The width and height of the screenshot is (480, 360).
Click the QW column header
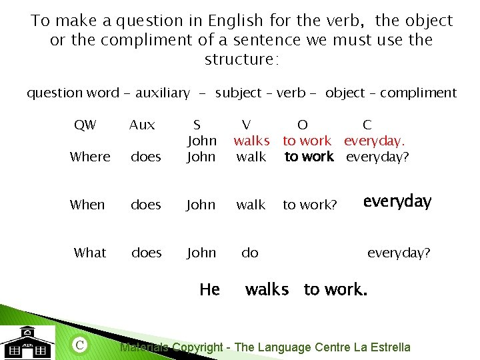point(85,125)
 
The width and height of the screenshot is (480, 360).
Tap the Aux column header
point(141,125)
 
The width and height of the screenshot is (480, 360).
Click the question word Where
point(90,157)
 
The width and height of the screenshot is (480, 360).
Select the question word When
point(87,205)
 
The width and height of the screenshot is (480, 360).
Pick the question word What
point(90,253)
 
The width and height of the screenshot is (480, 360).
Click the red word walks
point(251,141)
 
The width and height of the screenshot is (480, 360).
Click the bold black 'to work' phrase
point(309,157)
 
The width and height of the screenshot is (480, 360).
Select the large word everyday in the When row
point(397,201)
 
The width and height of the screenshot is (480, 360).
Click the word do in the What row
point(250,253)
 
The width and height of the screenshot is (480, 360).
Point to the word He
point(209,289)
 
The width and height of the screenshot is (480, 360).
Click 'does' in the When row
point(146,205)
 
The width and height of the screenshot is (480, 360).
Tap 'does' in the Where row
point(146,157)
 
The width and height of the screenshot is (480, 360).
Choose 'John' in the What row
point(201,253)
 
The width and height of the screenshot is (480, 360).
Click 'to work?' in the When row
point(310,205)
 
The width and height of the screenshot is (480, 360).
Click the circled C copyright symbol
point(79,345)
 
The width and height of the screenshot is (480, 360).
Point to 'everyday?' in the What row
point(399,253)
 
